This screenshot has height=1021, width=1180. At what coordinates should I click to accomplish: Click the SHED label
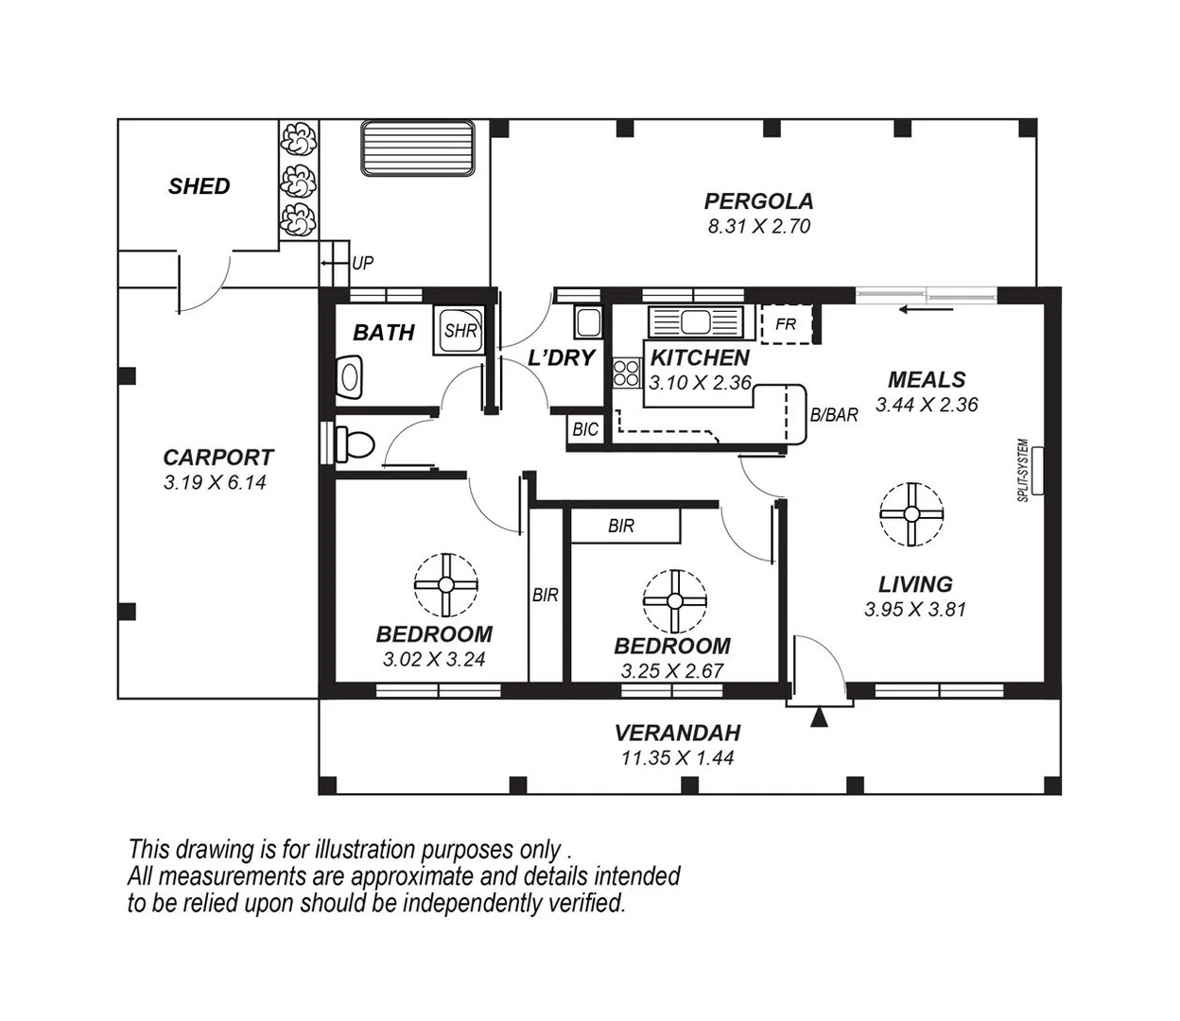[x=199, y=186]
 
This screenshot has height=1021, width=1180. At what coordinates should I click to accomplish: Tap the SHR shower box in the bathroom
[x=460, y=331]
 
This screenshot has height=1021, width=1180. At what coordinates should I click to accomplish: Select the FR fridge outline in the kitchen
[x=786, y=324]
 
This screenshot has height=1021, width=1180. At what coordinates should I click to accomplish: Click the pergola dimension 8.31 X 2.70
[x=758, y=227]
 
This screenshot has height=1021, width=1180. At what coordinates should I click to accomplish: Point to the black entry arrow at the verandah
[x=820, y=718]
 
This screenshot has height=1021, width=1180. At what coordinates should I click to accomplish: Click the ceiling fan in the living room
[x=911, y=514]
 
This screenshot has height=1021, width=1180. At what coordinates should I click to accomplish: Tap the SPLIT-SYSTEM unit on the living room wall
[x=1037, y=470]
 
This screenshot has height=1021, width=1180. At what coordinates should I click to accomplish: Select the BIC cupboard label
[x=585, y=429]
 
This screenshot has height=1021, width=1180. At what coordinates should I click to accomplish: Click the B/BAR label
[x=834, y=414]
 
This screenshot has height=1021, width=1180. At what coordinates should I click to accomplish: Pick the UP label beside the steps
[x=362, y=264]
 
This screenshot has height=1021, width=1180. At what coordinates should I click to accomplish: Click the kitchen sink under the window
[x=695, y=322]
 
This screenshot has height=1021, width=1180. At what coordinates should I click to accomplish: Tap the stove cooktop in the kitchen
[x=625, y=372]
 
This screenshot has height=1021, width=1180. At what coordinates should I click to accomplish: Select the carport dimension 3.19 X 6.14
[x=216, y=482]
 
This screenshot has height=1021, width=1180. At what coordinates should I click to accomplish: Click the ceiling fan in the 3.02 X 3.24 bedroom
[x=445, y=585]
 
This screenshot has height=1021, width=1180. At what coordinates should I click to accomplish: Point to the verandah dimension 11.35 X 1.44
[x=677, y=758]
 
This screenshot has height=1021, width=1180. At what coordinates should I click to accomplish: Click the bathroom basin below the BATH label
[x=350, y=376]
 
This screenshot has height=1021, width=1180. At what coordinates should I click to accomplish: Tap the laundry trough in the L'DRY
[x=588, y=321]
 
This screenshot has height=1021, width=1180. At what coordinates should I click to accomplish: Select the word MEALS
[x=927, y=380]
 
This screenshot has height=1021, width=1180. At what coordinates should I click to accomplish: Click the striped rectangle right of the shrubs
[x=417, y=147]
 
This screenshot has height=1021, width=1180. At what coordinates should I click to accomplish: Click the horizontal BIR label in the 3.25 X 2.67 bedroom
[x=621, y=527]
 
